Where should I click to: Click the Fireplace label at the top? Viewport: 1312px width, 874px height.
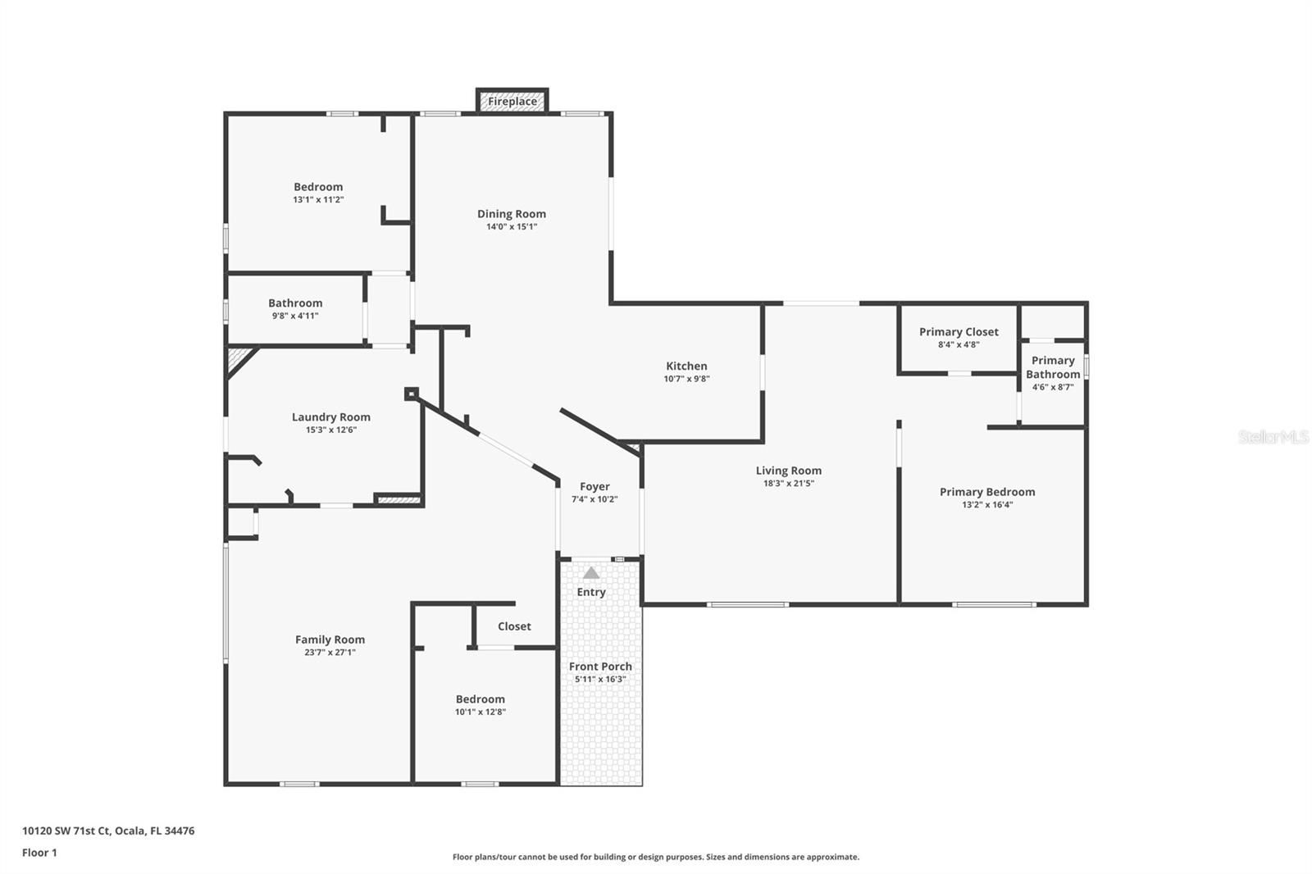click(512, 102)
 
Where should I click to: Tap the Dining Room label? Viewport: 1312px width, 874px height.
click(512, 214)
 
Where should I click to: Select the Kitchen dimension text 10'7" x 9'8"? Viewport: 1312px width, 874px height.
click(686, 379)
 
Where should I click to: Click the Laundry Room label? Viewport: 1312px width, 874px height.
click(331, 417)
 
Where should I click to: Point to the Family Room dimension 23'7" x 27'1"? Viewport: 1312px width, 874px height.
click(330, 653)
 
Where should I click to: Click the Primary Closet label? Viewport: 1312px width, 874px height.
click(959, 332)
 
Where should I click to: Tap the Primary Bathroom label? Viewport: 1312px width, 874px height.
click(1053, 367)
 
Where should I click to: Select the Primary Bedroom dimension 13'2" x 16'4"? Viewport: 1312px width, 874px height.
click(987, 505)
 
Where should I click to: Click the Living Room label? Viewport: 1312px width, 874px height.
click(789, 471)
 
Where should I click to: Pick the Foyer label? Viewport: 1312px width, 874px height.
click(594, 487)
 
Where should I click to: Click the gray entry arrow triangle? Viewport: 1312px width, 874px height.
click(591, 573)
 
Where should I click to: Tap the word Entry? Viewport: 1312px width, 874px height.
click(591, 592)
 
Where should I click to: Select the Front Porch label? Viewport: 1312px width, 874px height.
click(600, 667)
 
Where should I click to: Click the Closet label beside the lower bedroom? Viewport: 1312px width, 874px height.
click(514, 626)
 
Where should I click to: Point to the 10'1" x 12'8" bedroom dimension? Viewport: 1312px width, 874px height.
click(481, 712)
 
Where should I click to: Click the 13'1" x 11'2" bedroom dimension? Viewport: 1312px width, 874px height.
click(318, 200)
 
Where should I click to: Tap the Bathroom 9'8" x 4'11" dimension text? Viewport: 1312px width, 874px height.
click(295, 316)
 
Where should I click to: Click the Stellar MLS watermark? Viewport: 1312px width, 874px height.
click(1273, 437)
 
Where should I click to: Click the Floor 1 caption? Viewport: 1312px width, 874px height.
click(39, 853)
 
